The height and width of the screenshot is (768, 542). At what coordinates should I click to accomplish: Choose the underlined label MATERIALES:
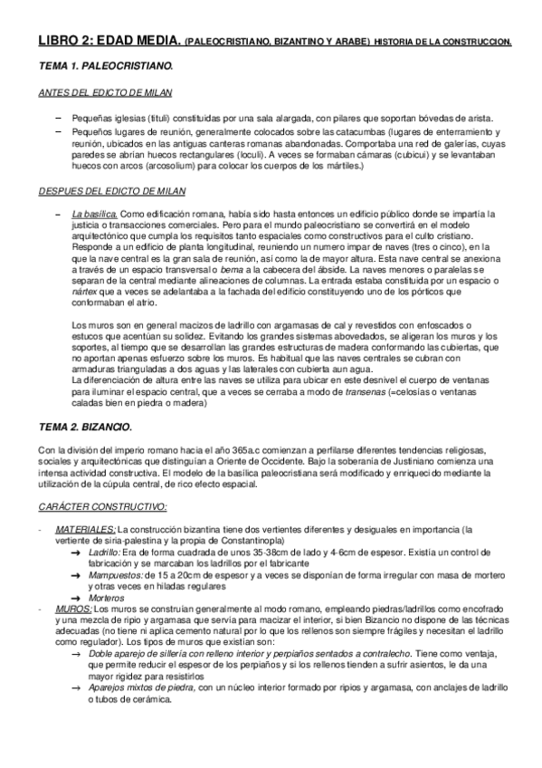85,529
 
